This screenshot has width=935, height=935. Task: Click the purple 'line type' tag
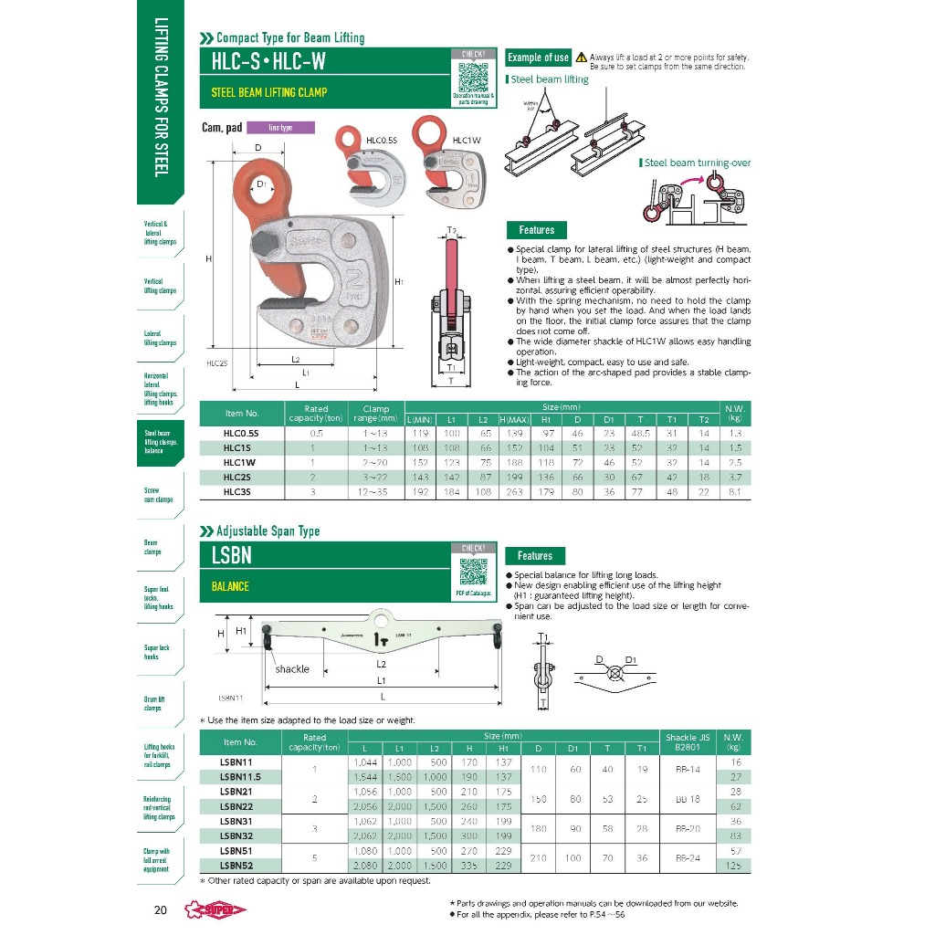[x=280, y=128]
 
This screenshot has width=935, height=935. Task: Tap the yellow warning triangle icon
[x=581, y=58]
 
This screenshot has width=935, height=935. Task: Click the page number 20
[x=160, y=910]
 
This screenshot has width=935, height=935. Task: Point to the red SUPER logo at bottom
[x=216, y=909]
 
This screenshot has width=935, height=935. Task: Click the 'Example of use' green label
[x=538, y=58]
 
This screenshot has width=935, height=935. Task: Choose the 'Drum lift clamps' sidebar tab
[x=152, y=703]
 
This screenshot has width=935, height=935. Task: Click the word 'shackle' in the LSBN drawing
[x=292, y=669]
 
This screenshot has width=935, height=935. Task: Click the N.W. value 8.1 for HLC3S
[x=734, y=492]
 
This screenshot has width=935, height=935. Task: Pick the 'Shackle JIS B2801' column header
[x=688, y=741]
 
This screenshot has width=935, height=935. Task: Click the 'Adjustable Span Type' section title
[x=268, y=531]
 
